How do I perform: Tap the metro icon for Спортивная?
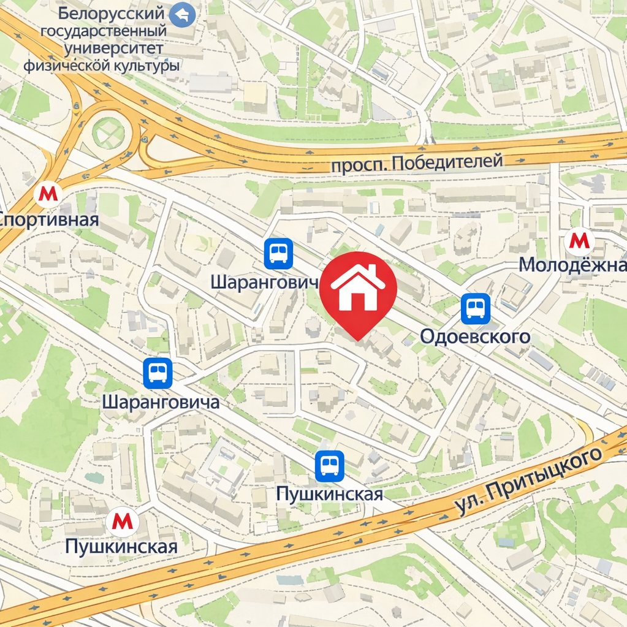pos(48,194)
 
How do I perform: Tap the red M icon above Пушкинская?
pos(122,522)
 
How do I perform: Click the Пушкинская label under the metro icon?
pos(121,546)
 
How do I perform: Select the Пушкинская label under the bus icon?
pos(329,493)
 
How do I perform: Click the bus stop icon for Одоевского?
pos(476,308)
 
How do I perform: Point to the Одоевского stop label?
pos(474,336)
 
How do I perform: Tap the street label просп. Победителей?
pos(417,163)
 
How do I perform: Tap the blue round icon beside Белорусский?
pos(182,14)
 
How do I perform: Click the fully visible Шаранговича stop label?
pos(161,402)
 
